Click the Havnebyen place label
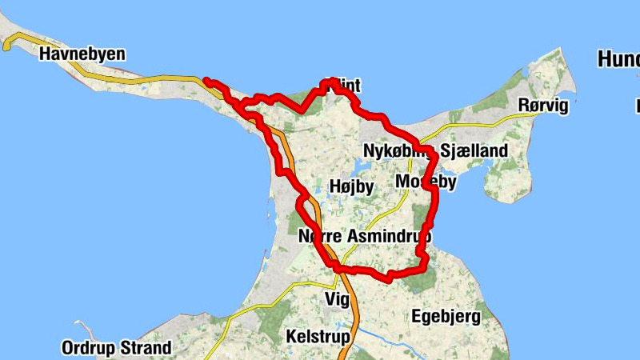tap(82, 54)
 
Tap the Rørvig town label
tap(542, 106)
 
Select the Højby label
tap(351, 186)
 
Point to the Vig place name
tap(338, 299)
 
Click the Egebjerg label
tap(446, 317)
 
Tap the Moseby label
tap(426, 182)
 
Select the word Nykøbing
tap(398, 151)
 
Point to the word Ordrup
tap(88, 348)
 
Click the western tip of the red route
tap(206, 80)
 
